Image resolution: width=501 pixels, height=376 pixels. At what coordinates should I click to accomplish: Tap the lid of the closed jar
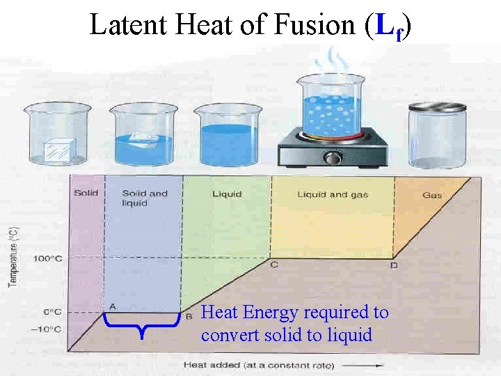[x=436, y=107]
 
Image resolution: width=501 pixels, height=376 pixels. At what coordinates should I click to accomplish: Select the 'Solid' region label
[x=86, y=194]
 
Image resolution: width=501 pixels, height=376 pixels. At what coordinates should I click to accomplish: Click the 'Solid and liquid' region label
[x=145, y=198]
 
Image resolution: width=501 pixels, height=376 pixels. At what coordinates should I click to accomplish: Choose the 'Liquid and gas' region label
[x=331, y=194]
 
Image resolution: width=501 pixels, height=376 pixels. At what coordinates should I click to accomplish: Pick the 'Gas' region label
[x=432, y=195]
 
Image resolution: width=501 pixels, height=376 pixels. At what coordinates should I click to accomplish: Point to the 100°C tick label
[x=47, y=258]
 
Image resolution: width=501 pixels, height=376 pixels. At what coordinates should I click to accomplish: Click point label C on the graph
[x=273, y=265]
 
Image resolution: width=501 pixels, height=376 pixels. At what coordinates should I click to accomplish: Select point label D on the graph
[x=394, y=265]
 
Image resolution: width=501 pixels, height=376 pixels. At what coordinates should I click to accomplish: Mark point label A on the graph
[x=112, y=306]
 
